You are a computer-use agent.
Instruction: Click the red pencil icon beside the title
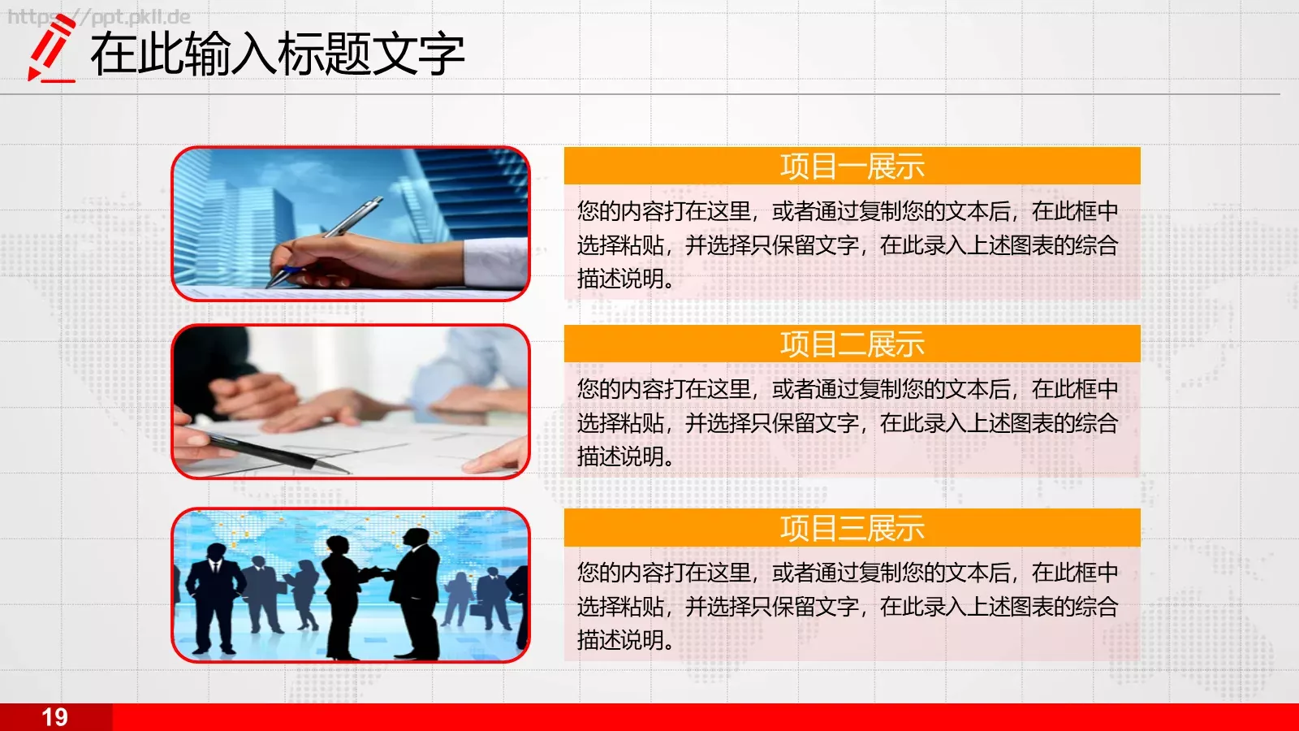coord(51,49)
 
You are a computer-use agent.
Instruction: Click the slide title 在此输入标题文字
coord(277,54)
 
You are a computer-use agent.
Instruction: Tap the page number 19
coord(54,717)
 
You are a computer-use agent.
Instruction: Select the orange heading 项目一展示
coord(852,167)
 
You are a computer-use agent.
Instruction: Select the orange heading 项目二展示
coord(852,344)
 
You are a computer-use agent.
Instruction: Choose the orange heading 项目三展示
coord(852,529)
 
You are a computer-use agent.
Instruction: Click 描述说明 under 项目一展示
coord(621,279)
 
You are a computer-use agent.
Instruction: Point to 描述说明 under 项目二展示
coord(621,456)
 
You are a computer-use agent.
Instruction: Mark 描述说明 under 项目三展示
coord(621,640)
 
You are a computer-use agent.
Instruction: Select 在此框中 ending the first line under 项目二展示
coord(1075,390)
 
